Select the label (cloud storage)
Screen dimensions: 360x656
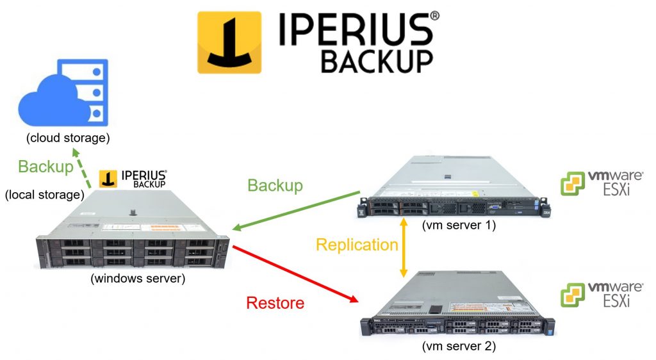[68, 138]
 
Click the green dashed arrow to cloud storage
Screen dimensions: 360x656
[82, 170]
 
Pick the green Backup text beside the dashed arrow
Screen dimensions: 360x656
[45, 167]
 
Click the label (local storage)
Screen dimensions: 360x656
[45, 193]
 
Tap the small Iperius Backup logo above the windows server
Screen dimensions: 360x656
[134, 179]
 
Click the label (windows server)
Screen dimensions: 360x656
[132, 278]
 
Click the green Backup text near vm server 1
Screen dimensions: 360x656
[274, 185]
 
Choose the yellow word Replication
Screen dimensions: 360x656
[357, 245]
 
